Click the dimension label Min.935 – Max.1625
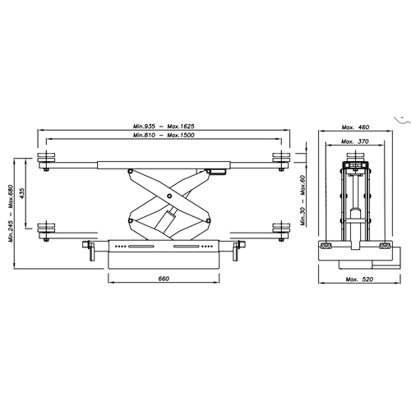click(164, 127)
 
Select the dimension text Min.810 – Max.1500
click(164, 135)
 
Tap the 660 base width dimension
click(164, 279)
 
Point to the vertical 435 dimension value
click(22, 193)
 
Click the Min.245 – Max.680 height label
click(11, 214)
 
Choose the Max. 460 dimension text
click(355, 127)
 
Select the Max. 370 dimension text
click(355, 141)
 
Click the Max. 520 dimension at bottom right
click(359, 279)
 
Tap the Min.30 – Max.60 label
click(303, 201)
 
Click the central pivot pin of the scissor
click(169, 196)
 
